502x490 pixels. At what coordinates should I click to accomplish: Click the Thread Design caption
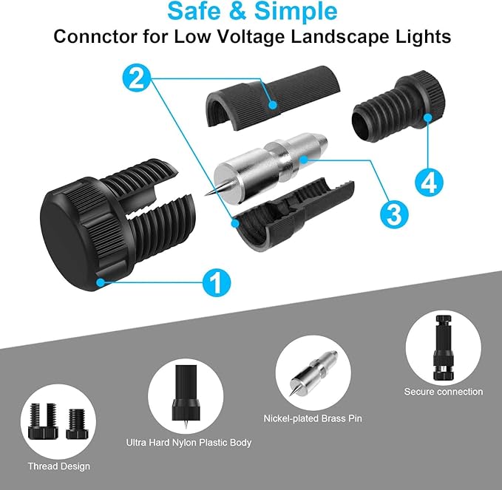coord(58,466)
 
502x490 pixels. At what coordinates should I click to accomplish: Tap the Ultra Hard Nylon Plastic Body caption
coord(189,443)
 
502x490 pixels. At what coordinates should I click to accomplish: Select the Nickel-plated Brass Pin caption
coord(312,419)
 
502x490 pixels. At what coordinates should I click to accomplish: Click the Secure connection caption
coord(443,392)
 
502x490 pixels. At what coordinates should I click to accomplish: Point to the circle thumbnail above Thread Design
coord(59,421)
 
